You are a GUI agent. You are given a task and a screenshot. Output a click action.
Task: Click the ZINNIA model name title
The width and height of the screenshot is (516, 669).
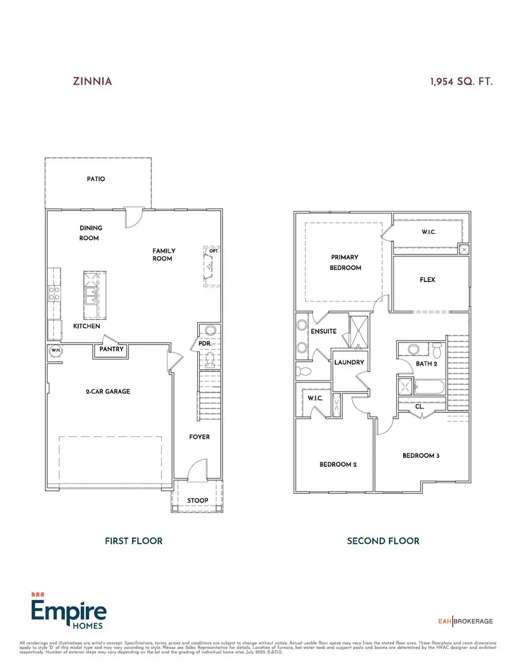click(x=92, y=81)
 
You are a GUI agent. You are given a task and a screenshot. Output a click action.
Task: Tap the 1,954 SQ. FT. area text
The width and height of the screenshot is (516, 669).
click(x=461, y=81)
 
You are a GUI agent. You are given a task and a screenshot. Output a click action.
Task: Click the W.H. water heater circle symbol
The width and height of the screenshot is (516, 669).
click(x=56, y=351)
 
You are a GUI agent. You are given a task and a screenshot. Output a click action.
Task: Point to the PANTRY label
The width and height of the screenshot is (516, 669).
click(x=111, y=349)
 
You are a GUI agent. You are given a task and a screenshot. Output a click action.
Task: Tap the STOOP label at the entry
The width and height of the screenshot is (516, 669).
click(x=197, y=501)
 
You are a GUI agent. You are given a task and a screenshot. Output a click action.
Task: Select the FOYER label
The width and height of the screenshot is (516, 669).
click(x=200, y=437)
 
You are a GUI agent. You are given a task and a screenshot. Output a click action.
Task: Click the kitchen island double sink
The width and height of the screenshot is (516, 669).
click(x=91, y=296)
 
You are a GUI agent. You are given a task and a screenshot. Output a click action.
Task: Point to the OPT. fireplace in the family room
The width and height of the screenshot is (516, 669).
click(x=212, y=267)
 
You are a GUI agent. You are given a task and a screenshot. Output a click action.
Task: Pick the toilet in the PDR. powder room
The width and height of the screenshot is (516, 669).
click(x=209, y=359)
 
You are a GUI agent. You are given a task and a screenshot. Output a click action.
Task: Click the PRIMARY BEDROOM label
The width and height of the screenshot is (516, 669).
click(x=346, y=262)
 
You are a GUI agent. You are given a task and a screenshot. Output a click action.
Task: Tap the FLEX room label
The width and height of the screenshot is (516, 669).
click(x=428, y=280)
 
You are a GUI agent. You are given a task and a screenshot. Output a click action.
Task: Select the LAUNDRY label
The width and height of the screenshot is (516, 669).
click(x=349, y=363)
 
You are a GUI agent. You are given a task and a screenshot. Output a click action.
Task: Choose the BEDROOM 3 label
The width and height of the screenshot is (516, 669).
click(x=421, y=455)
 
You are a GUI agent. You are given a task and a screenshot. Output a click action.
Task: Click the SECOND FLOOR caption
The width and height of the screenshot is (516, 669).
click(x=383, y=541)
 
